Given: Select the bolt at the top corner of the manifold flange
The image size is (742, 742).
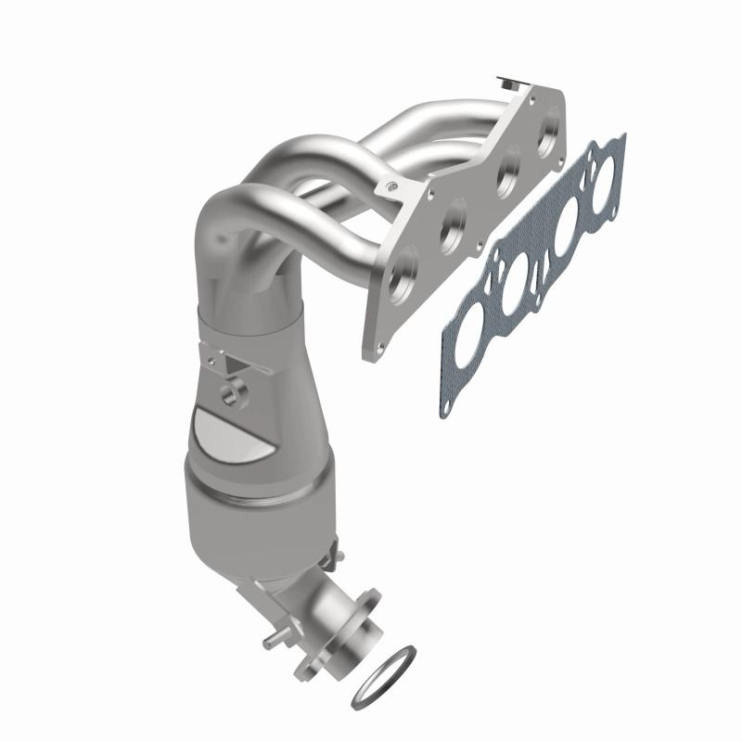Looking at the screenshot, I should (505, 82).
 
